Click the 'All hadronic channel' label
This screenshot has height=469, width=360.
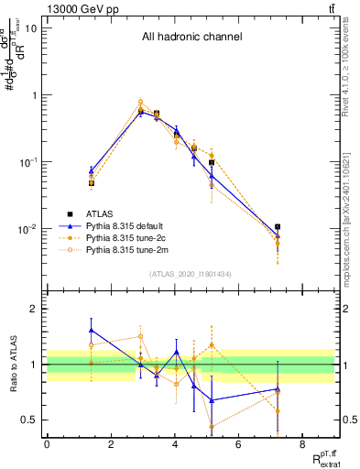tap(191, 38)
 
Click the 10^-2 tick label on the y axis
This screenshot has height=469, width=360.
tap(27, 229)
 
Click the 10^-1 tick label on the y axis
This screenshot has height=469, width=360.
tap(27, 162)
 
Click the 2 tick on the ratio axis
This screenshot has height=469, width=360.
tap(35, 309)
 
